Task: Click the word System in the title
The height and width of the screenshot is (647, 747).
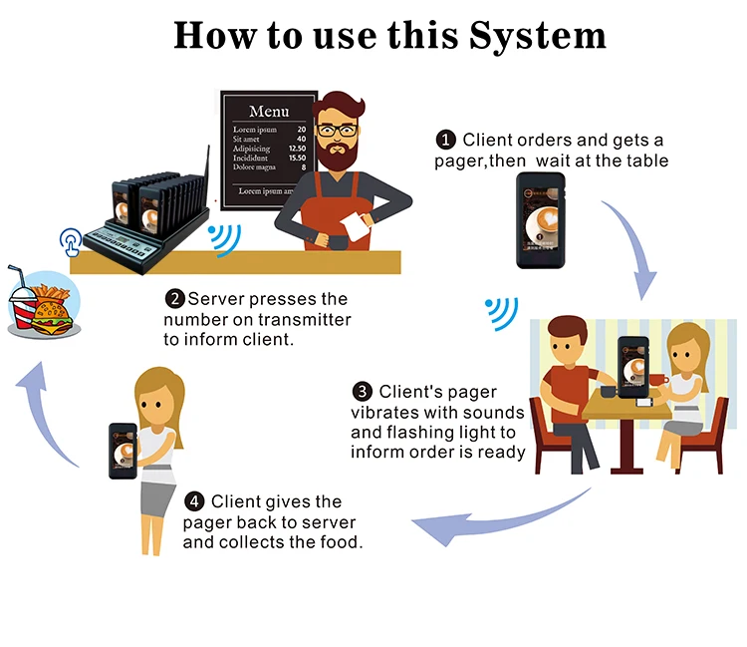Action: (x=535, y=36)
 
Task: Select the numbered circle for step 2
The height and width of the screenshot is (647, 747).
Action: (x=174, y=299)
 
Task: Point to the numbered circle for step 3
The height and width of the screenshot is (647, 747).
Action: (x=363, y=392)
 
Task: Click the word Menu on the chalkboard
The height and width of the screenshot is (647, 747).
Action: (x=269, y=111)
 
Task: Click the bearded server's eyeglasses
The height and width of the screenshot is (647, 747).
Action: (x=338, y=130)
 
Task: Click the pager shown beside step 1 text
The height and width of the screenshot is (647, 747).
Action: (x=540, y=220)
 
